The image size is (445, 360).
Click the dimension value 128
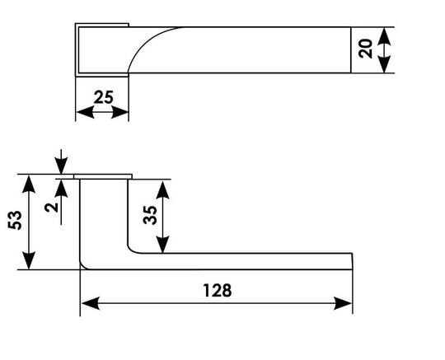pos(218,290)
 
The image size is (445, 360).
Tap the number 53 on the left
pos(15,221)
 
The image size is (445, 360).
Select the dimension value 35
pos(150,215)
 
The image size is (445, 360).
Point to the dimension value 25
pos(103,97)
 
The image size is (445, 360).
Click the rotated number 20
pos(365,49)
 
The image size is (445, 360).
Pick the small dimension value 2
pos(51,208)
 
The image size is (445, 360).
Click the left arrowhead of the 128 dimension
pos(91,303)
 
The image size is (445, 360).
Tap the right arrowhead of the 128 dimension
pos(343,303)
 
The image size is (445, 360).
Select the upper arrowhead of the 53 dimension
pos(29,184)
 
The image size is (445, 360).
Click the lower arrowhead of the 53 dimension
pos(29,260)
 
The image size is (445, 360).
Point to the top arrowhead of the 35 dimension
pos(162,189)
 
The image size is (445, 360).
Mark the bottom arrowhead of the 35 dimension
pos(162,243)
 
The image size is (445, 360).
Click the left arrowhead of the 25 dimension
pos(85,112)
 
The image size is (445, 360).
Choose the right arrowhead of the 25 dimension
pos(119,112)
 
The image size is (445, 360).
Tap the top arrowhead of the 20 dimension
pos(385,36)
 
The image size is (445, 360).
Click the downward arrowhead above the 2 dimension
pos(61,166)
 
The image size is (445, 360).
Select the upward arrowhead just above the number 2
pos(61,189)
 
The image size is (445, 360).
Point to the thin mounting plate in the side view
pos(103,176)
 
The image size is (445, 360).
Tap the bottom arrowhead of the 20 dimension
pos(385,64)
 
